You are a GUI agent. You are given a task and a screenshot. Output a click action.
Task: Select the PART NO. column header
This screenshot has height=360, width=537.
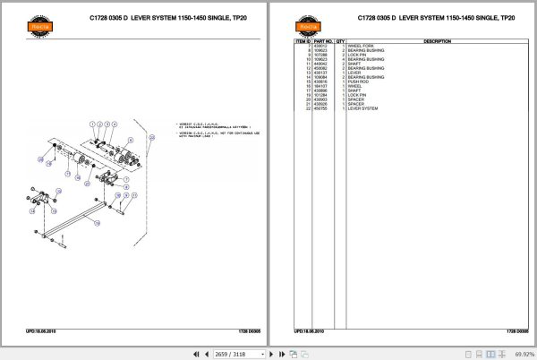tap(323, 41)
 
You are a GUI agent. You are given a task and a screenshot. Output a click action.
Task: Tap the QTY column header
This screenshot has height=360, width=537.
tap(341, 41)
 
